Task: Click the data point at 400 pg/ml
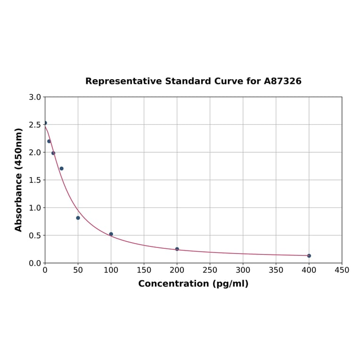(x=309, y=256)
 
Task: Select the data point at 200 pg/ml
(x=177, y=249)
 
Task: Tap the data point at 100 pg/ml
(x=111, y=234)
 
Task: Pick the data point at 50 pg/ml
(x=78, y=218)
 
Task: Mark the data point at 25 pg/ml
(x=62, y=169)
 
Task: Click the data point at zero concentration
(x=45, y=123)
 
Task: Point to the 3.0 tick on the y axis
(x=35, y=97)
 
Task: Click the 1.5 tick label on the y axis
(x=35, y=180)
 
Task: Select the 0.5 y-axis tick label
(x=35, y=236)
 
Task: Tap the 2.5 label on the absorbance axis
(x=35, y=125)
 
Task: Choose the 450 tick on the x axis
(x=342, y=270)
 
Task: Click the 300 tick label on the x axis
(x=243, y=270)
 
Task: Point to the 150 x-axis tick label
(x=144, y=270)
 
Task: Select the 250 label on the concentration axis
(x=210, y=270)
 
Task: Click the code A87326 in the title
(x=283, y=82)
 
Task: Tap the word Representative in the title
(x=123, y=82)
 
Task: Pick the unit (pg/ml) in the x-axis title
(x=231, y=284)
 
